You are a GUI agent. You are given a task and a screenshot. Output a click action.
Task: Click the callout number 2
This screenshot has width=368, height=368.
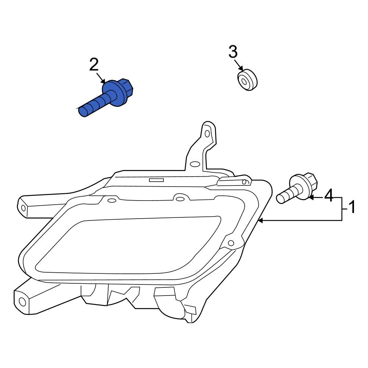tap(94, 65)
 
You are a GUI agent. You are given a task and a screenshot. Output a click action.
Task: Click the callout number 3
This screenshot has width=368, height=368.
tap(233, 52)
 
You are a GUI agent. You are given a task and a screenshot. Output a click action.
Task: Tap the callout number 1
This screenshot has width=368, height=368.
tap(352, 208)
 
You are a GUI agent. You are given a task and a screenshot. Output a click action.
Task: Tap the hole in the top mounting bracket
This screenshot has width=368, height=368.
tap(207, 133)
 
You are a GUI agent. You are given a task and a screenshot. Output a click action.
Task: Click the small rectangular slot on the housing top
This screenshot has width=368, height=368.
tap(156, 180)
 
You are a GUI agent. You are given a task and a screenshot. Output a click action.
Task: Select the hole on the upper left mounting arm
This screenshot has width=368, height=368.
tap(24, 208)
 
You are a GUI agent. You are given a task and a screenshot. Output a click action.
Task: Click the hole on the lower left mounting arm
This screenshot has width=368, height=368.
tap(22, 302)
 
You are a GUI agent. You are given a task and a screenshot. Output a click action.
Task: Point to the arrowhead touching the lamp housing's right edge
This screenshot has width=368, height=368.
tap(261, 220)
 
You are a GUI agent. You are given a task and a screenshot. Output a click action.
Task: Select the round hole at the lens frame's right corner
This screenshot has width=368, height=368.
tap(231, 243)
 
